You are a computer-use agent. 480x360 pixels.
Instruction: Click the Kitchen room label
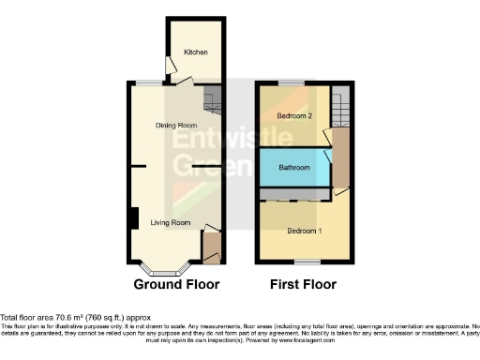[195, 52]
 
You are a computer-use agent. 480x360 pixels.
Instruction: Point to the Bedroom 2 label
[294, 115]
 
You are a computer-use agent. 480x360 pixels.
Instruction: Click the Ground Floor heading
[176, 284]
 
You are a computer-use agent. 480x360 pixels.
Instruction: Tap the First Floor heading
[304, 284]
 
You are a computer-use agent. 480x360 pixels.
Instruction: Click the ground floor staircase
[213, 97]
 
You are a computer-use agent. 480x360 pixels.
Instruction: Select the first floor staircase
[341, 98]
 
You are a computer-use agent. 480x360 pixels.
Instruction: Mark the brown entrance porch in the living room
[211, 248]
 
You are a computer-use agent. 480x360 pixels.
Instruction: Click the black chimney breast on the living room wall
[134, 217]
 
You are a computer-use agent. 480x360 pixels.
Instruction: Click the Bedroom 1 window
[304, 262]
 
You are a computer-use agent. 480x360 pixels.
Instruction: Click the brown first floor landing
[340, 155]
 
